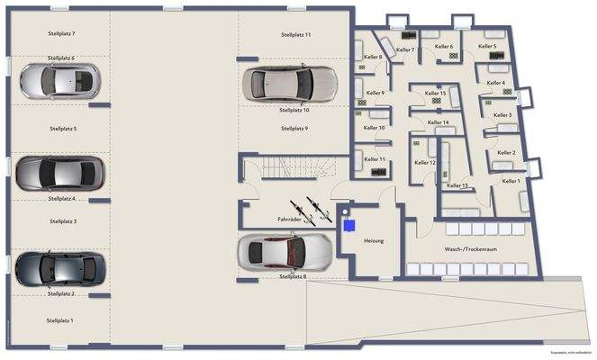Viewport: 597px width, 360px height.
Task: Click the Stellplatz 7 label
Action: pos(61,33)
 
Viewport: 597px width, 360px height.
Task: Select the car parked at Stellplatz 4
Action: pos(61,172)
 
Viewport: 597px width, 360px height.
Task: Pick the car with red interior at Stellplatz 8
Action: pos(283,253)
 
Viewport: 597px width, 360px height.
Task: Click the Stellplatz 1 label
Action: pos(59,320)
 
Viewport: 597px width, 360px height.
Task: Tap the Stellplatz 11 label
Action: pos(294,34)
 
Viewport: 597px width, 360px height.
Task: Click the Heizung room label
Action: pos(374,241)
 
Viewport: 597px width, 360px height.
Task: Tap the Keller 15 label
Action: pos(436,93)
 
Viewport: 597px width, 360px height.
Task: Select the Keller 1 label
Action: pos(511,181)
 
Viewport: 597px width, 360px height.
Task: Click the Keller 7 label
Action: pos(405,49)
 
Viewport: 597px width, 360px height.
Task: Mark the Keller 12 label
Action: pos(425,163)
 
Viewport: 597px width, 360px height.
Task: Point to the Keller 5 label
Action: pos(487,46)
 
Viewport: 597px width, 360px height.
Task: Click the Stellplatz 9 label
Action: pos(294,129)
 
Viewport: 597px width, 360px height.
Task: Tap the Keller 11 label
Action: pos(375,159)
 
